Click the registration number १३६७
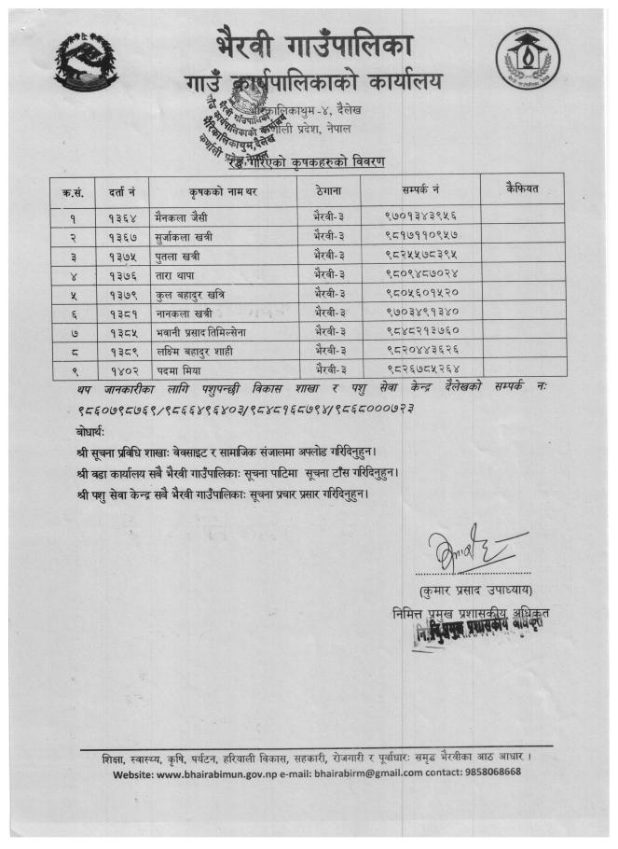pos(122,234)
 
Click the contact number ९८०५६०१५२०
pos(414,294)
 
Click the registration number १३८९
pos(122,354)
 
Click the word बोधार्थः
pos(94,433)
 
